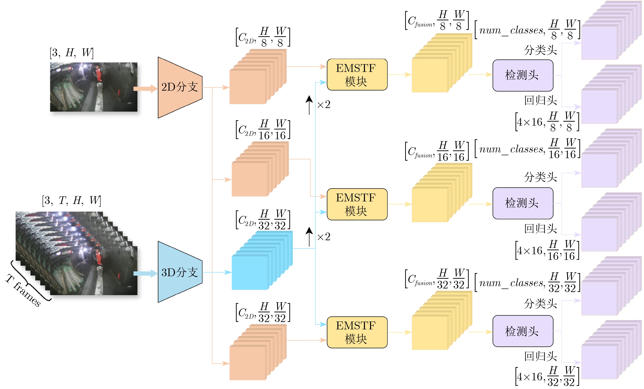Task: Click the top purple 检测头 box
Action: pos(523,75)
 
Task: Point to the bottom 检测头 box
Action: pos(523,331)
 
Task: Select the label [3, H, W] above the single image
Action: pos(72,53)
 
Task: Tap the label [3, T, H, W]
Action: pos(72,201)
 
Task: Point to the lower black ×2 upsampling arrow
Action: pos(309,237)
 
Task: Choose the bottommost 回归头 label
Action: pos(540,356)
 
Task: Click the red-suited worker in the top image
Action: pos(98,74)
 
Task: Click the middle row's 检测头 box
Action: pos(523,203)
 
